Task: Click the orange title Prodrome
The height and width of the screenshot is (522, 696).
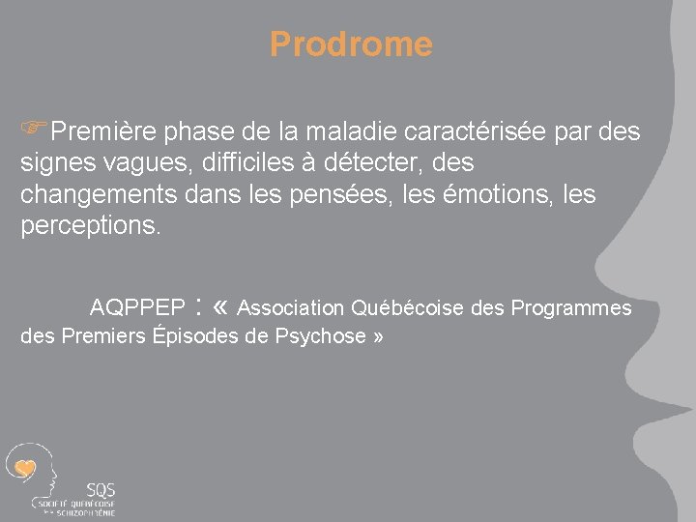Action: pyautogui.click(x=351, y=43)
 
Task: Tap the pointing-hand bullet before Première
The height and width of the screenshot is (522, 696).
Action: pyautogui.click(x=35, y=130)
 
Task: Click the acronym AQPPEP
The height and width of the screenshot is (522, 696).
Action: pyautogui.click(x=137, y=308)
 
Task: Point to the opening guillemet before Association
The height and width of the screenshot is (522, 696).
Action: pyautogui.click(x=219, y=308)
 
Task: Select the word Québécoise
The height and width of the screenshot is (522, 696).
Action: pyautogui.click(x=407, y=308)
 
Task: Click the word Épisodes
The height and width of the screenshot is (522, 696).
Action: pyautogui.click(x=194, y=336)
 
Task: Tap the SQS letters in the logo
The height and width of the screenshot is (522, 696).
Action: pyautogui.click(x=101, y=489)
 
